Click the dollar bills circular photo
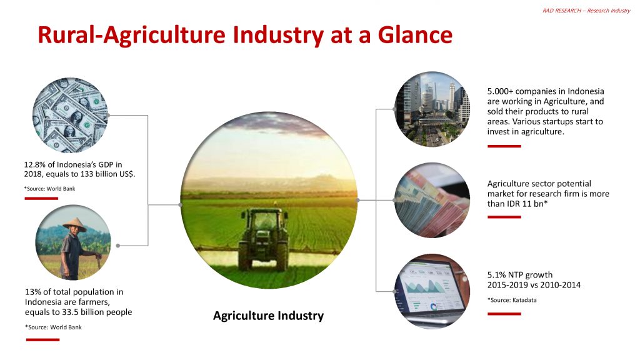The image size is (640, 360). [x=70, y=116]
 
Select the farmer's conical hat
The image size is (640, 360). [x=74, y=224]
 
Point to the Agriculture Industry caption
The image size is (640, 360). [x=268, y=316]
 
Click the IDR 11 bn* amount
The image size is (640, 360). [x=522, y=204]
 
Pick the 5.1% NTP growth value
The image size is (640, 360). [x=498, y=275]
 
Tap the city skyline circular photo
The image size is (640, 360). [x=432, y=109]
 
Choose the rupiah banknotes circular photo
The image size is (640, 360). [x=432, y=200]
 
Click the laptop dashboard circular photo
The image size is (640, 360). [x=432, y=291]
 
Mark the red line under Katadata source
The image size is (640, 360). [x=504, y=314]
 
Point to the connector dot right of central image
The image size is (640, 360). [x=357, y=200]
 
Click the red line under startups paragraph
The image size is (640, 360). [x=504, y=146]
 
